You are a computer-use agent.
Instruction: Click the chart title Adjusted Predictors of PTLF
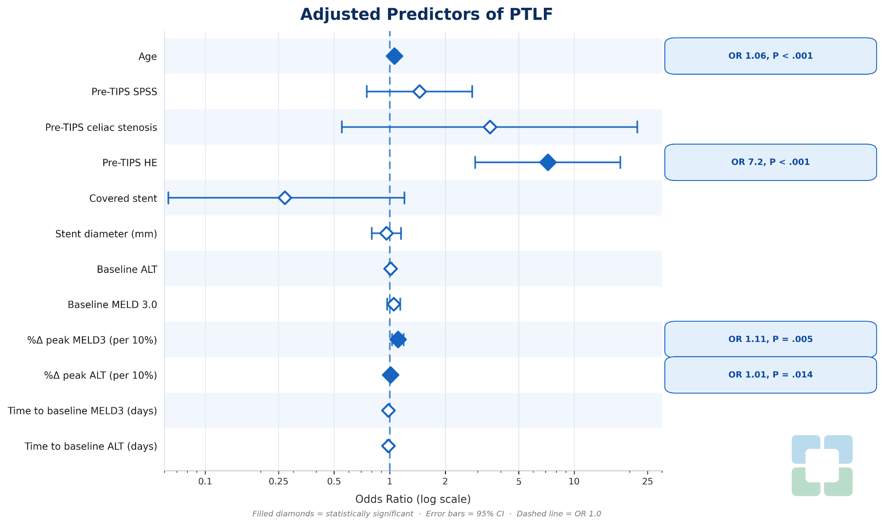pos(426,15)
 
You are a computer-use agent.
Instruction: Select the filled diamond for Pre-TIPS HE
pos(548,162)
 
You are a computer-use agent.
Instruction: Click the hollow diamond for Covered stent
pos(284,198)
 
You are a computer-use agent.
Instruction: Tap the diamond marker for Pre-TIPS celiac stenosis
pos(490,127)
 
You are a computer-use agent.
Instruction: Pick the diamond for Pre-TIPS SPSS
pos(419,92)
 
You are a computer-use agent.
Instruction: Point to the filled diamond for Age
pos(394,56)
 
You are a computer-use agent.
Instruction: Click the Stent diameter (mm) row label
pos(106,234)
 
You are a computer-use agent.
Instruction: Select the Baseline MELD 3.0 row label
pos(112,305)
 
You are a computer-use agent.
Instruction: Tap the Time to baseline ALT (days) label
pos(91,446)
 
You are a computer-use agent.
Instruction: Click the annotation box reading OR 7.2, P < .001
pos(770,162)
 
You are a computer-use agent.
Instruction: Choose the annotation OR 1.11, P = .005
pos(770,339)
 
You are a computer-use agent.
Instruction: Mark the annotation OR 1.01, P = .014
pos(770,375)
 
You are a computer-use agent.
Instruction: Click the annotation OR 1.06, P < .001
pos(770,56)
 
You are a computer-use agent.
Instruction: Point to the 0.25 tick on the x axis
pos(278,481)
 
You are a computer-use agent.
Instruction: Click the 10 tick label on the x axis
pos(574,481)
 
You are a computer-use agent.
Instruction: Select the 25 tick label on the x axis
pos(647,481)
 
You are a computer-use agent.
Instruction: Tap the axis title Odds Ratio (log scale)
pos(413,500)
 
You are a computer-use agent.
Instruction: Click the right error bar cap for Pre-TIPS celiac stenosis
pos(637,127)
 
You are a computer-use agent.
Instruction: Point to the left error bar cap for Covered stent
pos(168,198)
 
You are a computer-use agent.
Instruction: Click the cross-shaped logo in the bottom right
pos(822,465)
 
